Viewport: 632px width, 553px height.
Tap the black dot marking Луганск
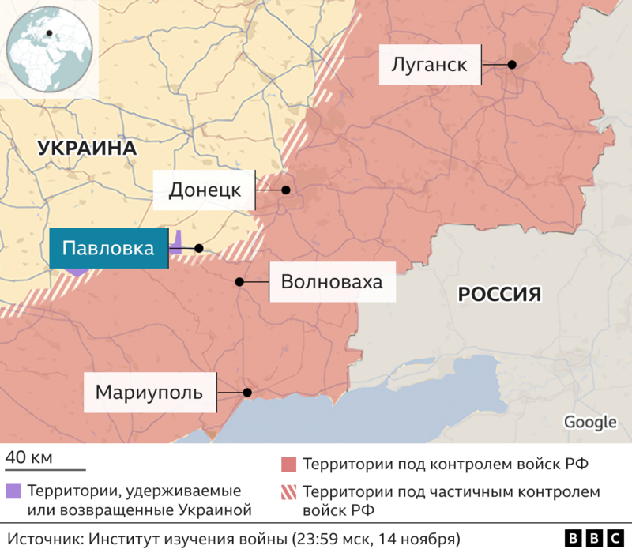(512, 65)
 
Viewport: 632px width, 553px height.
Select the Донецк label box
(204, 190)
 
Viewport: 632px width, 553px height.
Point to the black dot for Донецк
(286, 190)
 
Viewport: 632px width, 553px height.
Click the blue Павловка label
(108, 249)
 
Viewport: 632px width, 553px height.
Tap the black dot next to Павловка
(199, 248)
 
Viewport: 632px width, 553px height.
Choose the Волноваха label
(332, 282)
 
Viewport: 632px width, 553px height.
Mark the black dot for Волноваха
(239, 282)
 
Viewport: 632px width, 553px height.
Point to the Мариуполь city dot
(247, 392)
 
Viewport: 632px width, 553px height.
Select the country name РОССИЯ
(499, 295)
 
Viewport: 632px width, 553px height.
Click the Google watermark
(590, 423)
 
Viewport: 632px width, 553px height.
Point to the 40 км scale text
(29, 457)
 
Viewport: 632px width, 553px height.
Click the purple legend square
(12, 490)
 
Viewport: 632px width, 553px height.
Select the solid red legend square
(288, 464)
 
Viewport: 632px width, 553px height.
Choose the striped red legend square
(288, 491)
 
